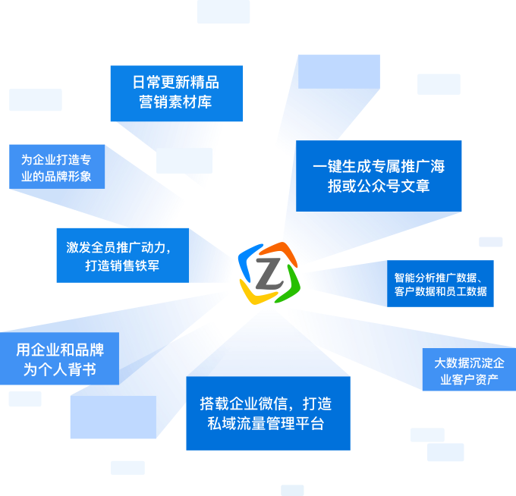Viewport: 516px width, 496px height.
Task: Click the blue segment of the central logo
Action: [247, 260]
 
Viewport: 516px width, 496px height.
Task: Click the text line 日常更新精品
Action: [175, 82]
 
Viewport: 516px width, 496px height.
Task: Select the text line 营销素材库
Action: [175, 102]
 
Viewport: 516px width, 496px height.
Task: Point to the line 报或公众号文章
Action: [379, 186]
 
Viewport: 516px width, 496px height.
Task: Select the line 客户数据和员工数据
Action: [441, 292]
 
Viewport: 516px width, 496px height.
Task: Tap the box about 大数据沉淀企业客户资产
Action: [468, 370]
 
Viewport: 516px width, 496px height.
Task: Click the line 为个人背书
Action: [59, 370]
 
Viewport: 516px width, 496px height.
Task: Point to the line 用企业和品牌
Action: [59, 350]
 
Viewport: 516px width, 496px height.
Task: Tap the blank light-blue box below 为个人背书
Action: [113, 417]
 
